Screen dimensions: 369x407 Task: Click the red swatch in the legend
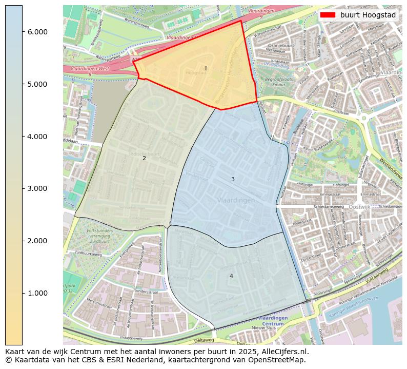click(328, 15)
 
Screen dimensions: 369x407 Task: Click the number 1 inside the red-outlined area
click(206, 68)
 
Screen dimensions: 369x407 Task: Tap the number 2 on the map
click(144, 158)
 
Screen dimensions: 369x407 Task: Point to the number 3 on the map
click(233, 179)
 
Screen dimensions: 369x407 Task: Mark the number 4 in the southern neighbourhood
click(231, 276)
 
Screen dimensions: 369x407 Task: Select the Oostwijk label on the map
click(359, 207)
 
